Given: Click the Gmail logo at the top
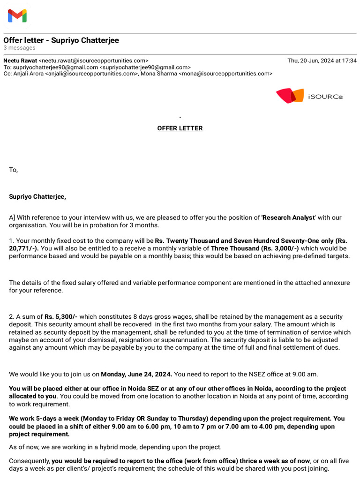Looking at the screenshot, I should [17, 16].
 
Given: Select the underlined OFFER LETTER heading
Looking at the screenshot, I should [180, 128].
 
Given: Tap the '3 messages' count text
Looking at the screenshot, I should [19, 48].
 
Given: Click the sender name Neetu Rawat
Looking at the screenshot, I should [20, 60].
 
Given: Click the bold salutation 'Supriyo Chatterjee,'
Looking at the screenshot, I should [37, 196].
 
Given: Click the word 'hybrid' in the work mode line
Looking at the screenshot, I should [105, 447].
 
